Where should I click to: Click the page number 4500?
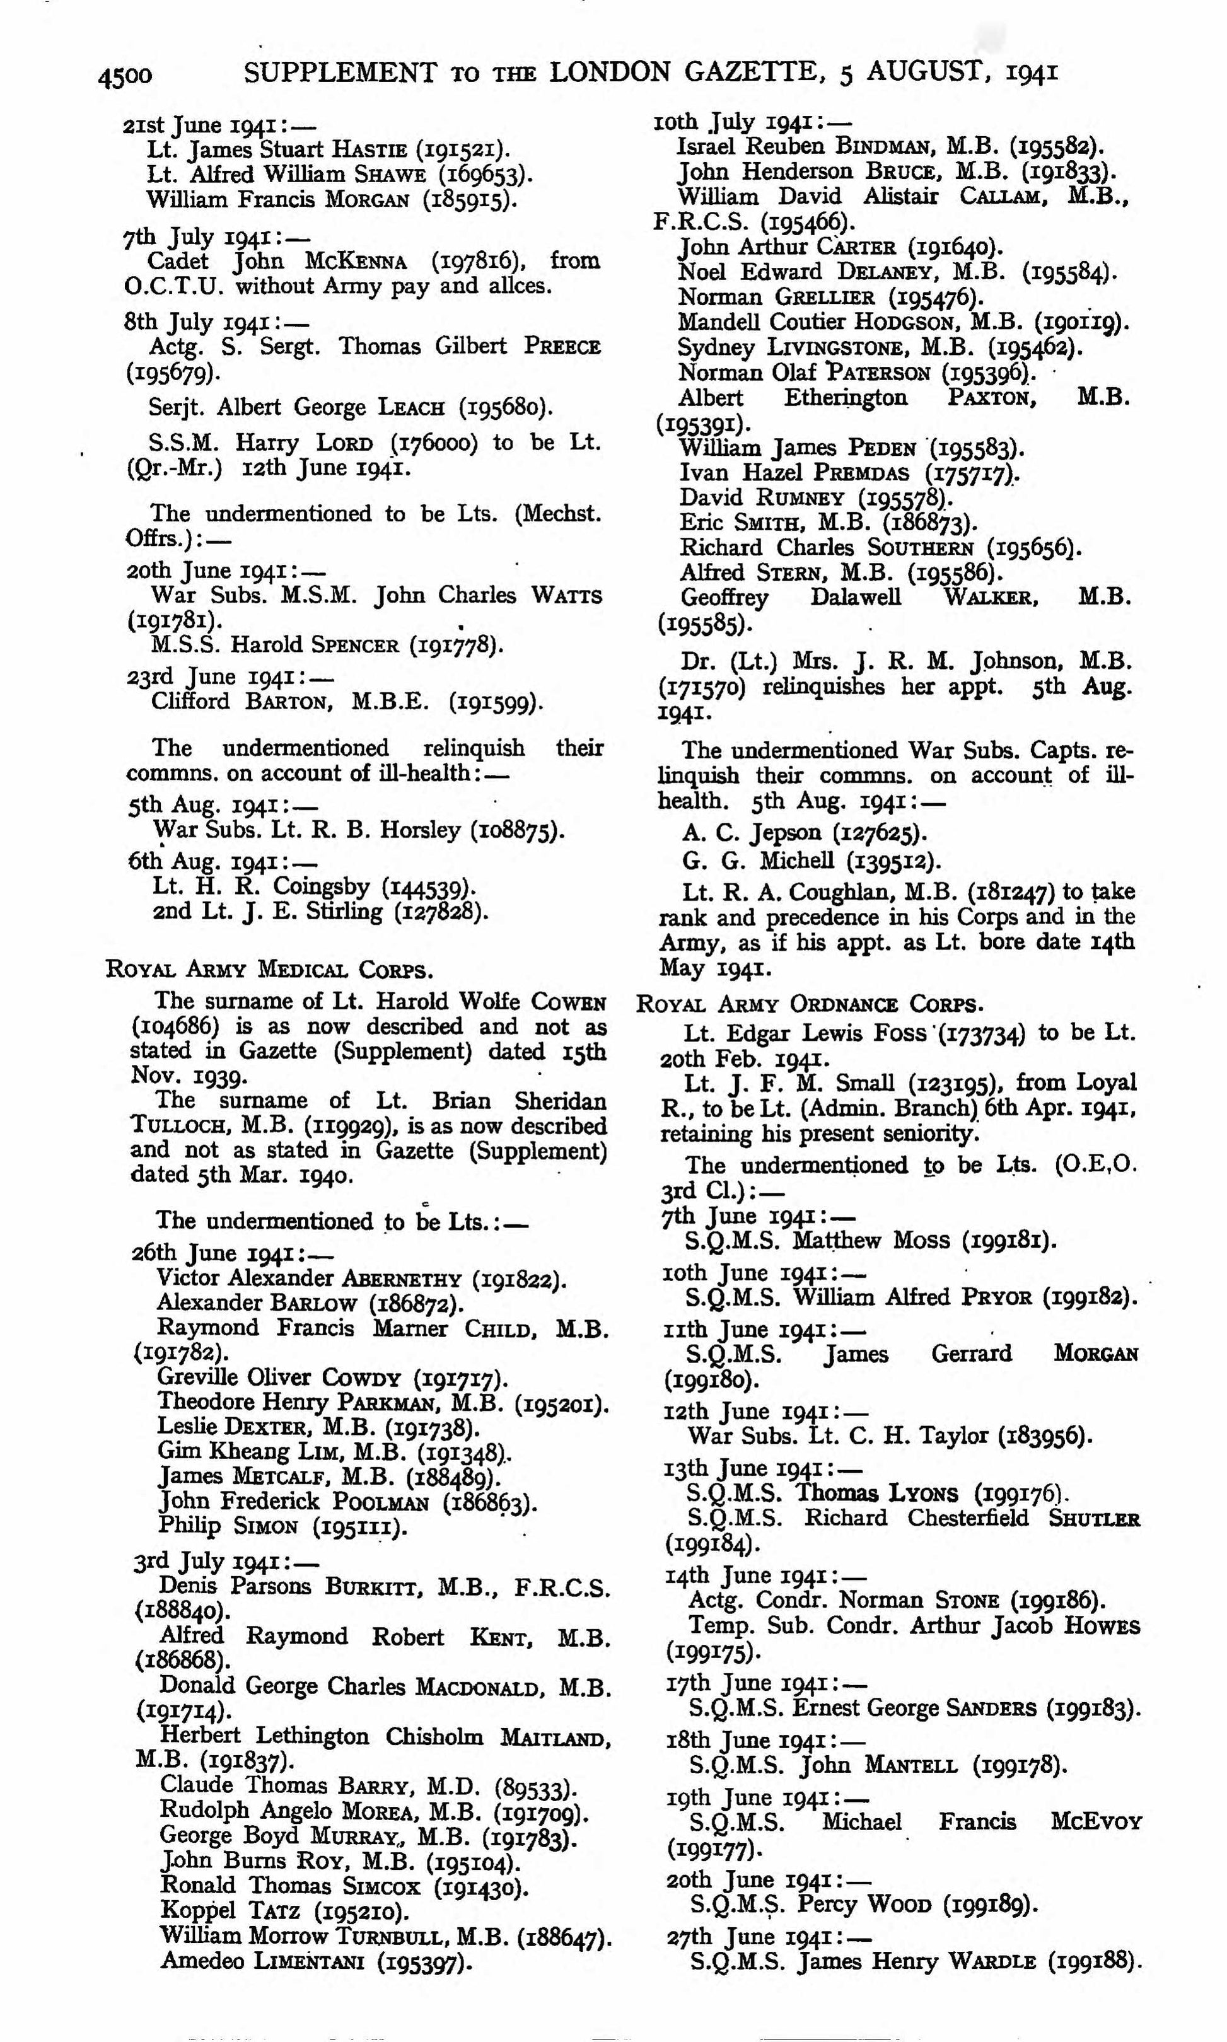click(x=125, y=76)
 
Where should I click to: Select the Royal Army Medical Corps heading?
click(x=269, y=969)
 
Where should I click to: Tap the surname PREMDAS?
click(x=861, y=473)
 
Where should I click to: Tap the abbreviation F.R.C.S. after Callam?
click(x=701, y=221)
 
